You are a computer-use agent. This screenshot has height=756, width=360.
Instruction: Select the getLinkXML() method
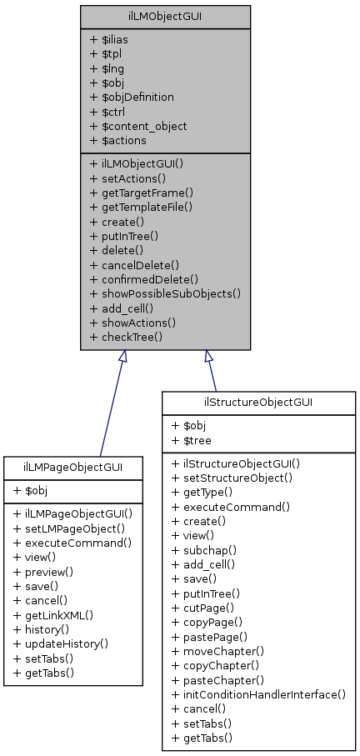point(52,615)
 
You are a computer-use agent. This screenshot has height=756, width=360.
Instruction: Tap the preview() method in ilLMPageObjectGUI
point(43,573)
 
